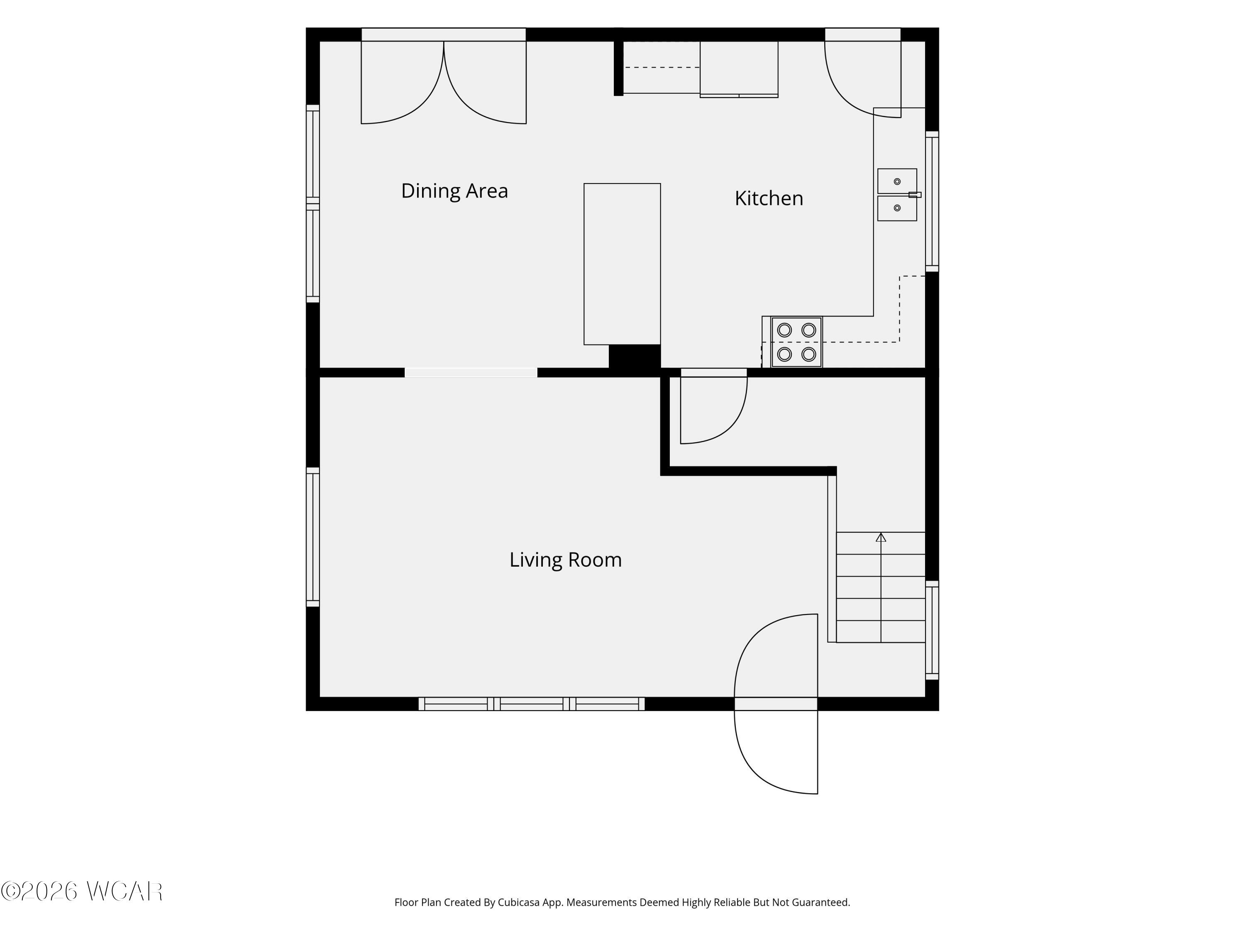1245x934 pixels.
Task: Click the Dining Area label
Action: coord(454,191)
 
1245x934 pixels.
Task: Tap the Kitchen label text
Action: coord(769,198)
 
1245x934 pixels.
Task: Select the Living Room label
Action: coord(566,560)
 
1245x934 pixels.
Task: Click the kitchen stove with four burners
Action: coord(796,342)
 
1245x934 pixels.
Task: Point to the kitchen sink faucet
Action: coord(915,195)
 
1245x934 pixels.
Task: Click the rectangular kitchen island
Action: coord(622,264)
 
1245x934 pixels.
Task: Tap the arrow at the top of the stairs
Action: coord(881,537)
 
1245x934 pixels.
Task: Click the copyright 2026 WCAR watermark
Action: coord(82,891)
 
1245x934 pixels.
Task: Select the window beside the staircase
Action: coord(932,630)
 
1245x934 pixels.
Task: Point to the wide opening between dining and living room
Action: coord(471,373)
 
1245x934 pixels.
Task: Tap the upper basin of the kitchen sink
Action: coord(897,181)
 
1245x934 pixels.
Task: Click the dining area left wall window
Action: coord(313,204)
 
